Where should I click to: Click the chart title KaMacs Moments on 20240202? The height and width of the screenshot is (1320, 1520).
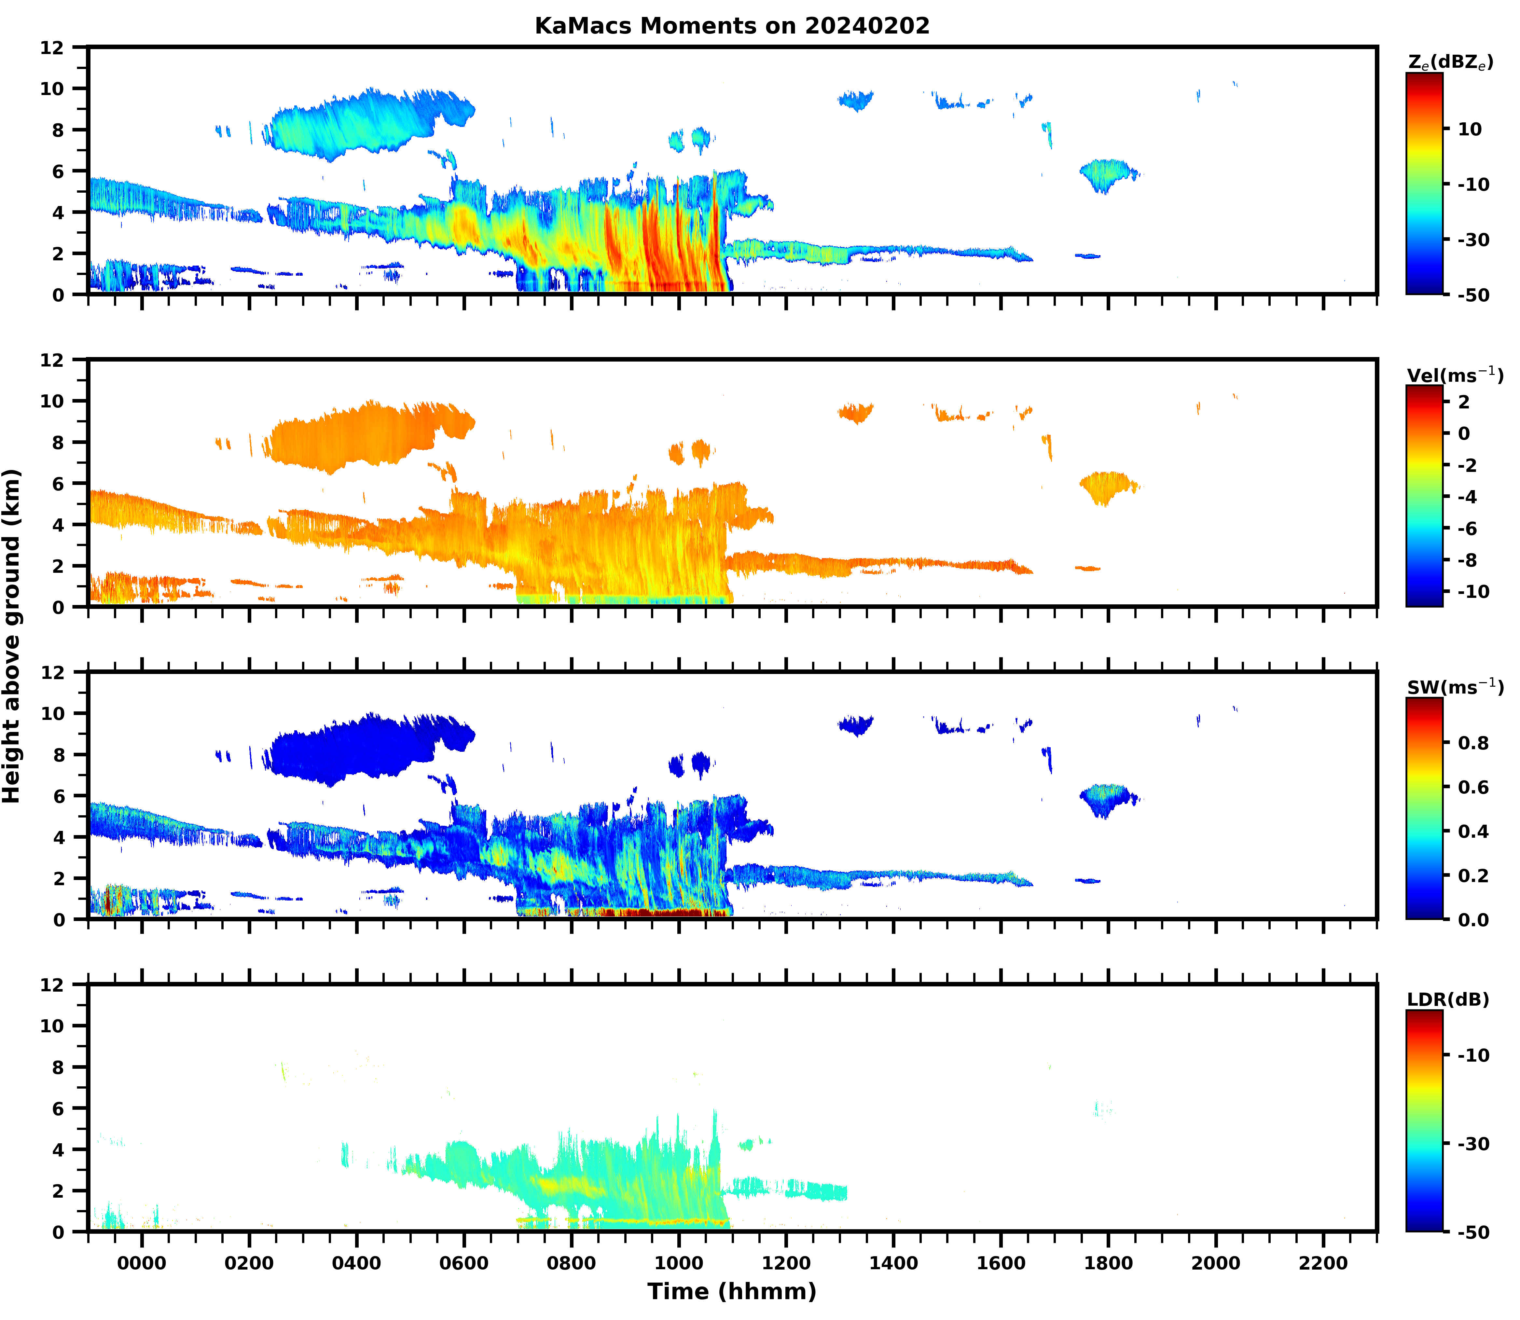pos(732,26)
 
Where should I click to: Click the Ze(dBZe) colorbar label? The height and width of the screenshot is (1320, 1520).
pos(1450,62)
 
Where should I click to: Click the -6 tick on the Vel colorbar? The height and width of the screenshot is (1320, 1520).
pos(1467,528)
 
